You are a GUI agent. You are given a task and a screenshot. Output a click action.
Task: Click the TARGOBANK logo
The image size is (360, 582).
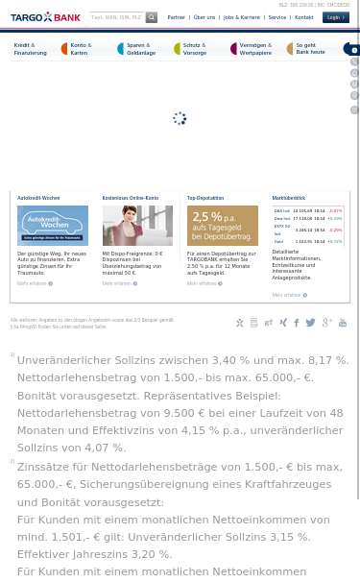(x=45, y=17)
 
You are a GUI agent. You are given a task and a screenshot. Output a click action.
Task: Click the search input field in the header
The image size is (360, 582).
(x=116, y=17)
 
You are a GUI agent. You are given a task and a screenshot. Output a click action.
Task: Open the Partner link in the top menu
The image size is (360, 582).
(x=176, y=17)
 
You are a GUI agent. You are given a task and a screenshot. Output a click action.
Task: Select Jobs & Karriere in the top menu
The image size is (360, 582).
(x=242, y=17)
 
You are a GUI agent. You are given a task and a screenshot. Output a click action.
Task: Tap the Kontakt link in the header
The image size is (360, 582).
(x=303, y=17)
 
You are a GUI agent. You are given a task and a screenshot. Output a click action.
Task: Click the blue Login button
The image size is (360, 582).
(x=335, y=17)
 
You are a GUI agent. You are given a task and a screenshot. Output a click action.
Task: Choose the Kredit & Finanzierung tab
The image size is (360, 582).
(x=31, y=49)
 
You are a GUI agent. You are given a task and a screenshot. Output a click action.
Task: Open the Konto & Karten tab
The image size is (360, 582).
(x=81, y=49)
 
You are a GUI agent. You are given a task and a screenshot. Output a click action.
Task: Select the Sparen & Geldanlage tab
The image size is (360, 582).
(x=140, y=49)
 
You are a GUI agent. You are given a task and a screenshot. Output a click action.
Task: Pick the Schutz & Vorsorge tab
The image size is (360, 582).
(x=194, y=49)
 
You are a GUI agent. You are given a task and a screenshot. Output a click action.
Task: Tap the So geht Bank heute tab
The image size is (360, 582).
(x=309, y=49)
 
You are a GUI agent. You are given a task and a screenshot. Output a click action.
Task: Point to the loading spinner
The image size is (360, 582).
(x=180, y=118)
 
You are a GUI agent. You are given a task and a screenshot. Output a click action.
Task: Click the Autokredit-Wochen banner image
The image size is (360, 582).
(x=52, y=226)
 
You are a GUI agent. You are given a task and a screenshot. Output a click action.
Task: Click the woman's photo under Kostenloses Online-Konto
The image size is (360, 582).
(x=137, y=226)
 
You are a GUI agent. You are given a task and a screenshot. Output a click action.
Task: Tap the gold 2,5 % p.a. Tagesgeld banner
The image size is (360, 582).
(x=222, y=226)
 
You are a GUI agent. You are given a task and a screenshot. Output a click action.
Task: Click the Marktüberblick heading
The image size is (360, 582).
(x=288, y=198)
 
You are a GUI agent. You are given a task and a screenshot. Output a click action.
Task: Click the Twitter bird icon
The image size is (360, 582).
(x=310, y=323)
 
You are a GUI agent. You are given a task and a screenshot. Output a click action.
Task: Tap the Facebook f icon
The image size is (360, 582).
(x=296, y=323)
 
